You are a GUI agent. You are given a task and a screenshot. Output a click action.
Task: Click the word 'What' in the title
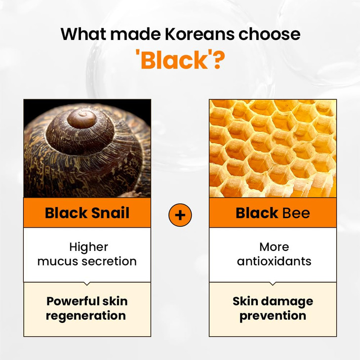coord(84,35)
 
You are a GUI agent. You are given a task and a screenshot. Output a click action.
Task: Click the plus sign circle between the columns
coord(180,215)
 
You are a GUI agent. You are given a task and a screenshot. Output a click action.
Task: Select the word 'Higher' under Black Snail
coord(88,246)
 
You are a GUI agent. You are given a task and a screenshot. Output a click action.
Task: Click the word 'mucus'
coord(57,261)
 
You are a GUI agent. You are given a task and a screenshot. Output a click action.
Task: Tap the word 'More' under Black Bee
coord(274,246)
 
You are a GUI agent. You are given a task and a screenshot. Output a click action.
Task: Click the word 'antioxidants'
coord(274,261)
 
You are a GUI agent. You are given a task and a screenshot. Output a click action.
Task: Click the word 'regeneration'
coord(86,316)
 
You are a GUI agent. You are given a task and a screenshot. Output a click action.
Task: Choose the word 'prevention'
coord(273,316)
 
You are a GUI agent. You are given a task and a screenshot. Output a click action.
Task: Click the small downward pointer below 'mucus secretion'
coord(87,284)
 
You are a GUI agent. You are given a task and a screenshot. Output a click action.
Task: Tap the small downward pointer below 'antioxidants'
coord(273,284)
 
